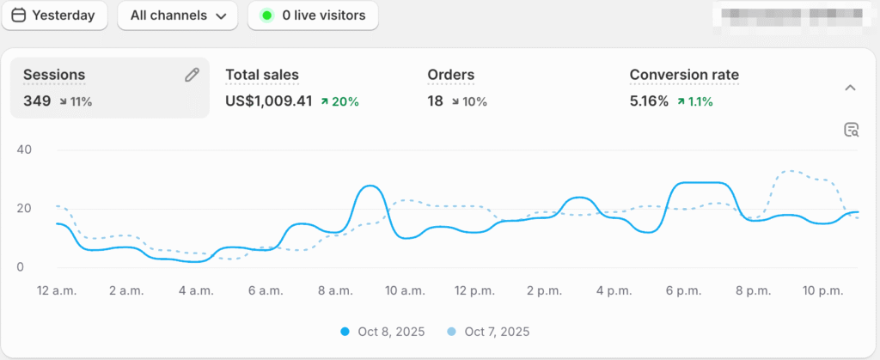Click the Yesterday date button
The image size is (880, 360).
tap(53, 15)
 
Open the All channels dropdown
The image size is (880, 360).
tap(177, 15)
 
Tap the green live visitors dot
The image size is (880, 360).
tap(266, 15)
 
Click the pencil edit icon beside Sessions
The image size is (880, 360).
tap(192, 75)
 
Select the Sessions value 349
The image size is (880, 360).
tap(37, 101)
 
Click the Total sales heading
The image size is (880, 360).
tap(262, 75)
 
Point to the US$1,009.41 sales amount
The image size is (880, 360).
tap(268, 101)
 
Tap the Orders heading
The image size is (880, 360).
tap(450, 75)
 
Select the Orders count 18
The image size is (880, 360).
tap(436, 101)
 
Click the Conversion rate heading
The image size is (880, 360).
tap(684, 75)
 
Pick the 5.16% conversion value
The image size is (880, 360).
tap(649, 101)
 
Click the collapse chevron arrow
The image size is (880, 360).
tap(850, 88)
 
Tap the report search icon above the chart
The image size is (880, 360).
tap(851, 130)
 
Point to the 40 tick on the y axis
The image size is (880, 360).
tap(24, 149)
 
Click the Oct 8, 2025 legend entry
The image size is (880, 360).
tap(385, 332)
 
